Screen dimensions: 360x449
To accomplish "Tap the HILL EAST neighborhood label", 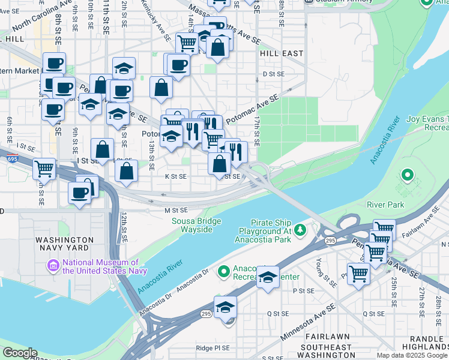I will pos(282,53).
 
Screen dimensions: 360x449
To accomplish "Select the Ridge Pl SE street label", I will pos(213,348).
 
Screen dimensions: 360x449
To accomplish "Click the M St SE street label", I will pos(176,210).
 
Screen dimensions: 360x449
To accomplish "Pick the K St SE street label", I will pos(175,176).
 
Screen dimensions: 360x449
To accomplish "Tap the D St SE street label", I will pos(273,74).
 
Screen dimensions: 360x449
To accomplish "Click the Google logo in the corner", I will pos(19,353).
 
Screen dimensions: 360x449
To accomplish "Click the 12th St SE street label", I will pos(123,227).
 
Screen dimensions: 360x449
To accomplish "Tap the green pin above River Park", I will pos(408,176).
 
